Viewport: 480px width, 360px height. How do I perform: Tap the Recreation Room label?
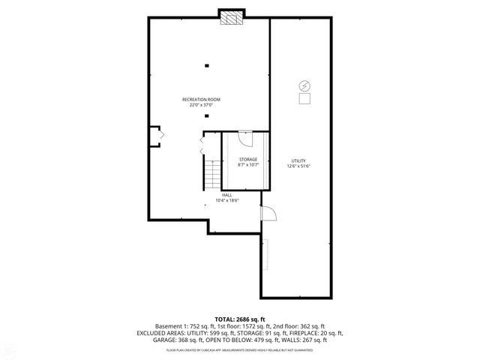click(x=200, y=99)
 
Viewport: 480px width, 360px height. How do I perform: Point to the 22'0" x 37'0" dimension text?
click(x=200, y=105)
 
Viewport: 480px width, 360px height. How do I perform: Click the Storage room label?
click(x=248, y=159)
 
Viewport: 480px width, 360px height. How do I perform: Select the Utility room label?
click(x=298, y=160)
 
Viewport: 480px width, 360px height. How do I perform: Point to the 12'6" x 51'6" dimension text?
click(x=298, y=166)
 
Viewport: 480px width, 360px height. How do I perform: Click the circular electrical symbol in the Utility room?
click(x=304, y=85)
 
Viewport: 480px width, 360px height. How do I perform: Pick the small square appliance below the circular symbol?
click(x=304, y=99)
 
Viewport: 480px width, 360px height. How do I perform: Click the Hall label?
click(x=226, y=194)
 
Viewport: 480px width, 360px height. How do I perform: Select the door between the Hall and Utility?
click(x=268, y=214)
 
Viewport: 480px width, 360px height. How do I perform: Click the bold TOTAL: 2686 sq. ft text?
click(x=239, y=319)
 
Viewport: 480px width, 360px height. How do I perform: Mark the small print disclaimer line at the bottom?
click(x=239, y=349)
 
